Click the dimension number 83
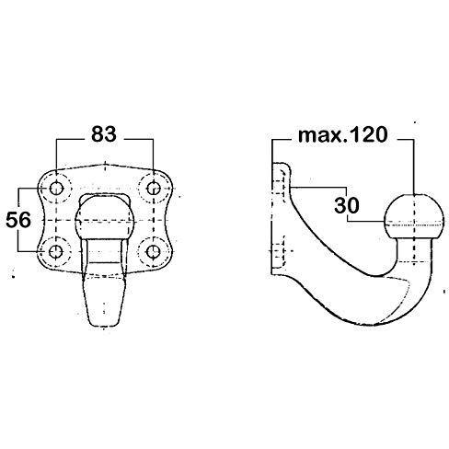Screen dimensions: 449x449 point(104,134)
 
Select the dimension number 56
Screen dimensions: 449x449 point(18,220)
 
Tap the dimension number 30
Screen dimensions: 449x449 point(347,205)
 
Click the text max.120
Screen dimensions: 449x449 point(342,135)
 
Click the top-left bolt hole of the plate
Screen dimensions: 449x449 point(56,188)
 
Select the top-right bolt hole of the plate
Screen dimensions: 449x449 point(153,188)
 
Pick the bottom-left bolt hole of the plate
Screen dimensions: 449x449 point(56,252)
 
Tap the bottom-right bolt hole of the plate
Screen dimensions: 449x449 point(153,252)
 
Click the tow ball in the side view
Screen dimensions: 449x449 point(413,217)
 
